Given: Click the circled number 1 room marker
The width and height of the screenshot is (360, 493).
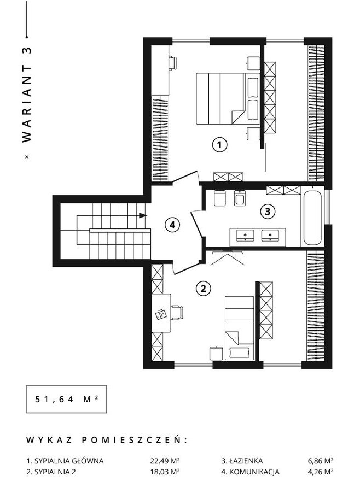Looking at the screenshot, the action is [219, 145].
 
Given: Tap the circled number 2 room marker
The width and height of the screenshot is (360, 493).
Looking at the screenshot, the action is [204, 289].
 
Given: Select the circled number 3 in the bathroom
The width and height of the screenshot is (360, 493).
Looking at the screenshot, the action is [268, 212].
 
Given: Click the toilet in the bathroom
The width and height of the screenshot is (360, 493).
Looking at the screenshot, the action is [219, 198].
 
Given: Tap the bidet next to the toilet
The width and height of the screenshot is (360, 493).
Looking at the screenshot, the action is [240, 198].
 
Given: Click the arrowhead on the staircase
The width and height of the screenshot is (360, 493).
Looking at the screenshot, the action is [143, 215].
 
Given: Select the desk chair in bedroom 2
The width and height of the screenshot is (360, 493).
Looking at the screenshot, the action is [177, 313].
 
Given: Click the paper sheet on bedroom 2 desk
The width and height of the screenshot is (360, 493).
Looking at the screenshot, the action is [161, 314].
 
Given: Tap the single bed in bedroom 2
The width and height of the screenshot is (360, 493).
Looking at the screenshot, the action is [240, 327].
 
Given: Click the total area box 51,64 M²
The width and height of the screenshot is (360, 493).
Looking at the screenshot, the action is [66, 400].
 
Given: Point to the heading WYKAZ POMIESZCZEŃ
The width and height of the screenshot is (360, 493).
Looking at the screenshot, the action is [106, 440].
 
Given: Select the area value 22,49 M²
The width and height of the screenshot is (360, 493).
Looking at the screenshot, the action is [165, 461].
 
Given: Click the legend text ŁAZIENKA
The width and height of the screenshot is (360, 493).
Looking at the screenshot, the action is [246, 461].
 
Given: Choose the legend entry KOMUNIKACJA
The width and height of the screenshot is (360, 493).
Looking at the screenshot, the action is [254, 472].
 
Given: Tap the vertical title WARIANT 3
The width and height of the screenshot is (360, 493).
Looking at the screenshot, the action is [27, 95].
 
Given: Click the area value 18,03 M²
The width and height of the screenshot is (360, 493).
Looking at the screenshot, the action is [165, 472].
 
